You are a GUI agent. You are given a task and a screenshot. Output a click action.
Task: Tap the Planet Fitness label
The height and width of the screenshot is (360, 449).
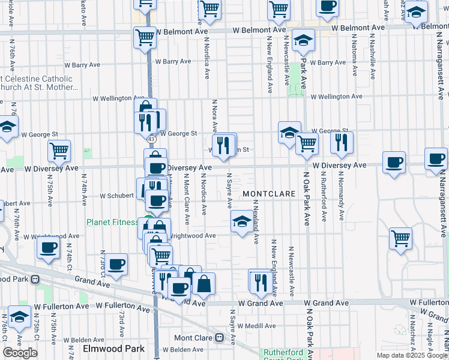tap(112, 222)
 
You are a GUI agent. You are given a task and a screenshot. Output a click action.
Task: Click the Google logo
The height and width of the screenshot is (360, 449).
tap(20, 353)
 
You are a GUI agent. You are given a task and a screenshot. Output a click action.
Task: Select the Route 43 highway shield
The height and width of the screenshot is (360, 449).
tap(151, 139)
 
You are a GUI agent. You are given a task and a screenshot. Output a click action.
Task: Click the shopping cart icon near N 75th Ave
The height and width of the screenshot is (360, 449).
tap(59, 151)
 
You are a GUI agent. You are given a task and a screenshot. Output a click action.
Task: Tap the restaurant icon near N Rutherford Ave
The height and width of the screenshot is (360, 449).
tap(341, 142)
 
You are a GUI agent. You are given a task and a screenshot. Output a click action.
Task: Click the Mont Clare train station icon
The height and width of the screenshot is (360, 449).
tap(220, 337)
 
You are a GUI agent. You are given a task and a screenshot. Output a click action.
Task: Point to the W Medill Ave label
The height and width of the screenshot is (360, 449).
tap(256, 326)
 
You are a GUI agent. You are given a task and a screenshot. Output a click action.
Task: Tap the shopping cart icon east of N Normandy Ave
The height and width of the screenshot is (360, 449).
tap(400, 238)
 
